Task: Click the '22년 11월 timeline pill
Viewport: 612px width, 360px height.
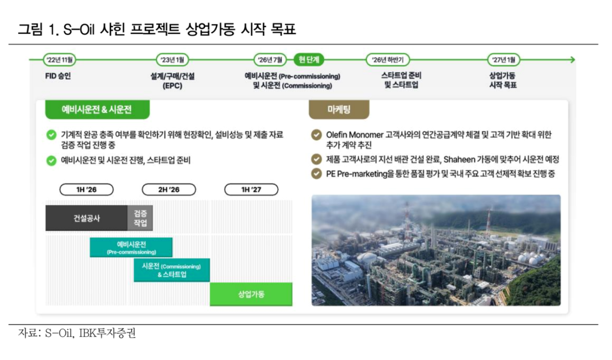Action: point(59,60)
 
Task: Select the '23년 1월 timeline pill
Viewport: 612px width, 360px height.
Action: point(172,60)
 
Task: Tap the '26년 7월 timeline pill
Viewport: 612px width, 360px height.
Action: point(270,60)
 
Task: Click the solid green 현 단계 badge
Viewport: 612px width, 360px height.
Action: point(309,60)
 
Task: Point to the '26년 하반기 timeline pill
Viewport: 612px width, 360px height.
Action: point(387,60)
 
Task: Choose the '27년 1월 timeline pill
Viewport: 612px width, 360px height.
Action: point(503,60)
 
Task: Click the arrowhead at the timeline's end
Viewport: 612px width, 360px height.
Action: point(573,60)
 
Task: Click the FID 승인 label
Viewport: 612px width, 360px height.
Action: point(58,76)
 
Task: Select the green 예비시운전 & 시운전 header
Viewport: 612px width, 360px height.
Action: point(97,109)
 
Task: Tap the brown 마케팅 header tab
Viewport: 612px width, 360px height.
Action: point(339,109)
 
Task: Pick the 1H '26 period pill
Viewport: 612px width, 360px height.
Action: point(86,190)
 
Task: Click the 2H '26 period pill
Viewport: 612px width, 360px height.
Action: point(168,190)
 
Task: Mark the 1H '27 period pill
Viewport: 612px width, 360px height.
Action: point(251,190)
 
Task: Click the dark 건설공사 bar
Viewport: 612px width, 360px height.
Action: point(87,218)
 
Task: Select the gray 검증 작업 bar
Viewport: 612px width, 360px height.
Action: point(140,218)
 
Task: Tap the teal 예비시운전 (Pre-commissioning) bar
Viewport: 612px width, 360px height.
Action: point(131,248)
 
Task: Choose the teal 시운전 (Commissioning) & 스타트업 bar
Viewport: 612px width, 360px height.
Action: point(172,270)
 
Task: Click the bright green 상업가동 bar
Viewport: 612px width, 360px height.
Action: point(251,294)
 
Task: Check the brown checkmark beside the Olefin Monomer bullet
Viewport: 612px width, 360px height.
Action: point(316,135)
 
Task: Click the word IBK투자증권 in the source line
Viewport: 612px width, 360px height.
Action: point(107,333)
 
